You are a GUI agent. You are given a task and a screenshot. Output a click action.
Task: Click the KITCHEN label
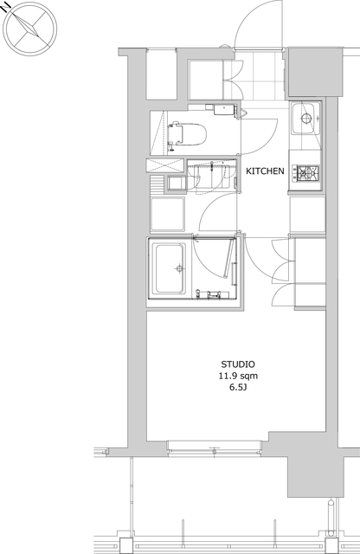[265, 171]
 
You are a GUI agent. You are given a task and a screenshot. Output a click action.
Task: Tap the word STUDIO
[238, 364]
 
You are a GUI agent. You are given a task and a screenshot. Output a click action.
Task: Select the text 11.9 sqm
[238, 376]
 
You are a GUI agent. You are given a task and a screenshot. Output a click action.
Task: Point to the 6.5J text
[238, 388]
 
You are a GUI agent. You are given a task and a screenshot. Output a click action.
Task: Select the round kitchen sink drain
[306, 118]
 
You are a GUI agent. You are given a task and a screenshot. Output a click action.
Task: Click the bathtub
[170, 268]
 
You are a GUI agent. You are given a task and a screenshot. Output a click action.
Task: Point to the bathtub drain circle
[180, 268]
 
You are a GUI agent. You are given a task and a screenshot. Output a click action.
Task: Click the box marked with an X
[165, 165]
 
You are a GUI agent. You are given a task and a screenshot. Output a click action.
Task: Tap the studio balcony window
[215, 448]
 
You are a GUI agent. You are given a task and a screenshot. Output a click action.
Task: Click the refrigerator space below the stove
[307, 214]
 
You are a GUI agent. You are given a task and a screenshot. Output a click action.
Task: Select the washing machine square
[168, 214]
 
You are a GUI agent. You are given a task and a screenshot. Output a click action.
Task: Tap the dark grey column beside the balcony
[315, 475]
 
